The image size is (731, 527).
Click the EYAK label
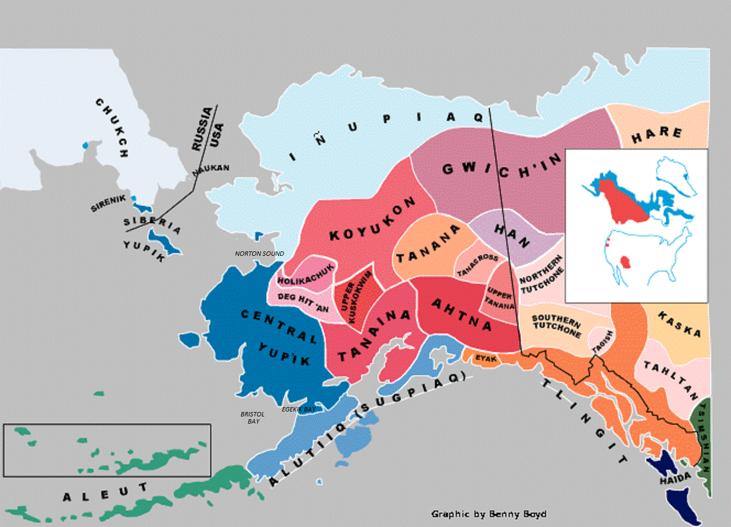click(x=486, y=359)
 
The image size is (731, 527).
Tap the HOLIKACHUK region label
click(x=306, y=275)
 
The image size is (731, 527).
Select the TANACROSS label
click(x=477, y=265)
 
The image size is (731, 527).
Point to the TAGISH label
click(x=602, y=342)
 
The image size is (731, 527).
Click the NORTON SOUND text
click(x=259, y=254)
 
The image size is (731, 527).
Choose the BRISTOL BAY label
click(x=253, y=418)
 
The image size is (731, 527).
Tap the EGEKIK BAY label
click(x=298, y=409)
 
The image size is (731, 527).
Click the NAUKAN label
click(x=211, y=168)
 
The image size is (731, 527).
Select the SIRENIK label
click(x=108, y=203)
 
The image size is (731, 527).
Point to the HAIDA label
click(x=675, y=480)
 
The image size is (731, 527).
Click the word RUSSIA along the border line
click(x=201, y=129)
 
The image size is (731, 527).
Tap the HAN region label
click(x=511, y=235)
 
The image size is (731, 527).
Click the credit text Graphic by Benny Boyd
click(x=489, y=514)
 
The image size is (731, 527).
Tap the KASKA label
click(x=680, y=325)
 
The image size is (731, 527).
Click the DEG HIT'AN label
click(x=303, y=302)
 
